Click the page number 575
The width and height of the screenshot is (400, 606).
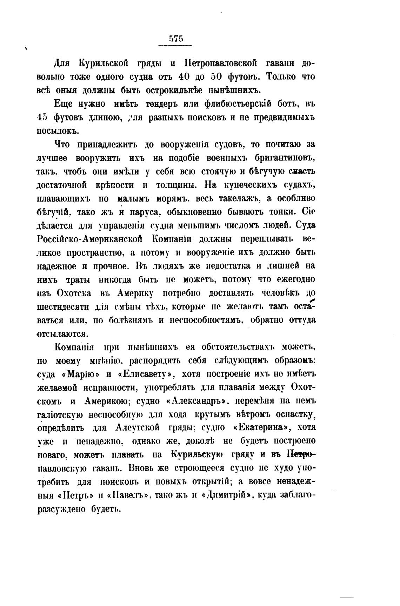point(175,39)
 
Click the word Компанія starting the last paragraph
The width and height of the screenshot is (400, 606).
point(74,347)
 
